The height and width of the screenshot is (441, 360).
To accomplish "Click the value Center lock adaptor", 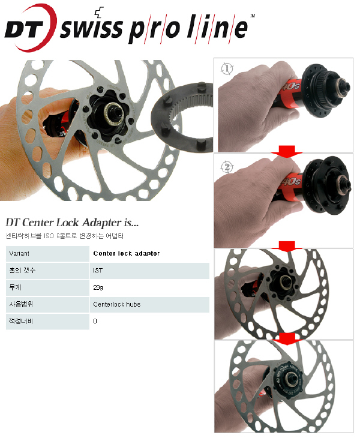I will pyautogui.click(x=127, y=253).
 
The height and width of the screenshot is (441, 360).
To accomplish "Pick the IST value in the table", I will pyautogui.click(x=98, y=271).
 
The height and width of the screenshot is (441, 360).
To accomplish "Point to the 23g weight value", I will pyautogui.click(x=98, y=287).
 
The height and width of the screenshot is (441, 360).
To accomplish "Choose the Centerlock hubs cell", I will pyautogui.click(x=116, y=304).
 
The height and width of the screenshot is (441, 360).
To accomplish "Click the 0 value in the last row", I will pyautogui.click(x=95, y=321).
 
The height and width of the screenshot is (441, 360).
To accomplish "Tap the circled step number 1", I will pyautogui.click(x=227, y=68).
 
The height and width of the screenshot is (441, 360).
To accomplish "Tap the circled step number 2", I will pyautogui.click(x=227, y=167).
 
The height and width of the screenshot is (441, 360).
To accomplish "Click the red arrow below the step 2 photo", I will pyautogui.click(x=286, y=247).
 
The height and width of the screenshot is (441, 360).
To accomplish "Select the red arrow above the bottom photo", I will pyautogui.click(x=286, y=339).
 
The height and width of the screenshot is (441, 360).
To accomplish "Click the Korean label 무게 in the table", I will pyautogui.click(x=16, y=287).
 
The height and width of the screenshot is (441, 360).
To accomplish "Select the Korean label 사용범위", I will pyautogui.click(x=20, y=304).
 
